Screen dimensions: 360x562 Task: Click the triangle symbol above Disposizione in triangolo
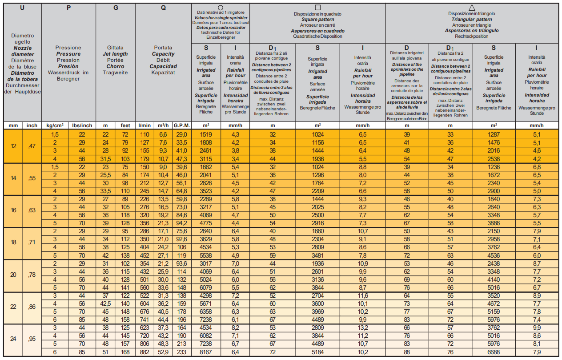(472, 8)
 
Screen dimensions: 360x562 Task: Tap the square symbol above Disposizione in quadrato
(317, 8)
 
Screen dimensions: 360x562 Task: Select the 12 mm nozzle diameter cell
(13, 146)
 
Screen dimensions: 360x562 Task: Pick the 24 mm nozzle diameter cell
(13, 340)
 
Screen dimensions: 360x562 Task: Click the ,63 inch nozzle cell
(32, 210)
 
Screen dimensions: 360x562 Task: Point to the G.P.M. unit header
(182, 125)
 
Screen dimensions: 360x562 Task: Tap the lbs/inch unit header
(82, 125)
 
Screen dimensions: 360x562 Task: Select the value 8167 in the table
(206, 352)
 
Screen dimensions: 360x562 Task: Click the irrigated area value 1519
(206, 134)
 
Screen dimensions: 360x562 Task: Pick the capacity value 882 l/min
(145, 352)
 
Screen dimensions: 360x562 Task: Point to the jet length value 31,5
(105, 159)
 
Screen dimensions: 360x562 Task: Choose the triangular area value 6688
(494, 352)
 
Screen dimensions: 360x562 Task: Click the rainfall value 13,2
(362, 328)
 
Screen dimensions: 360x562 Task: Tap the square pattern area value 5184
(317, 352)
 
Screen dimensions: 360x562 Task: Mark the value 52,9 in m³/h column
(163, 352)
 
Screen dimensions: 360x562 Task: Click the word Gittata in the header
(115, 48)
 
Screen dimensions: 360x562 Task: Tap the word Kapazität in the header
(163, 73)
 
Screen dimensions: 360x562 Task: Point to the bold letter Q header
(163, 8)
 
